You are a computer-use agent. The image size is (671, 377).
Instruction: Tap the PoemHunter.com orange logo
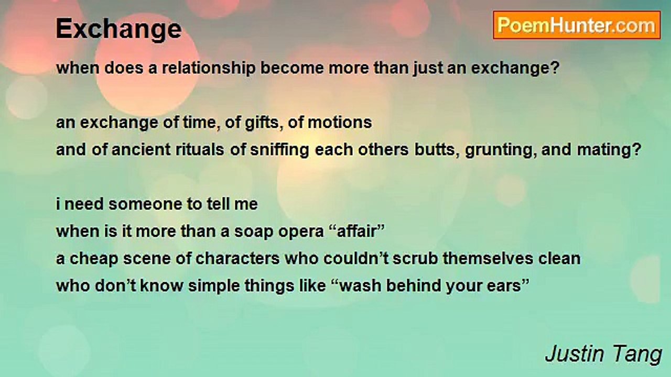click(x=577, y=26)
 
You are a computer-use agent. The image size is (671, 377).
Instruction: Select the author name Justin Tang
click(x=603, y=354)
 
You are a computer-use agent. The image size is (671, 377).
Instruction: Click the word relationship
click(x=209, y=69)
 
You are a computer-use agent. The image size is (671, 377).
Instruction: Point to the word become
click(x=292, y=68)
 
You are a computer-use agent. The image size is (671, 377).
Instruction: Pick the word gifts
click(x=262, y=123)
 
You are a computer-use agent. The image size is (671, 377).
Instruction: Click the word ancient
click(x=141, y=150)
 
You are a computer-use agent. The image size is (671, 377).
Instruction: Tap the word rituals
click(x=200, y=150)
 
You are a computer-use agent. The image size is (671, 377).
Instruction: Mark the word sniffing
click(x=279, y=150)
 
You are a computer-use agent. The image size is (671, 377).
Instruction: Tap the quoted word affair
click(x=355, y=231)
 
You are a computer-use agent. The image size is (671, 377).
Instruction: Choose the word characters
click(x=237, y=259)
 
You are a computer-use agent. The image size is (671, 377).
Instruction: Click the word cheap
click(x=94, y=259)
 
